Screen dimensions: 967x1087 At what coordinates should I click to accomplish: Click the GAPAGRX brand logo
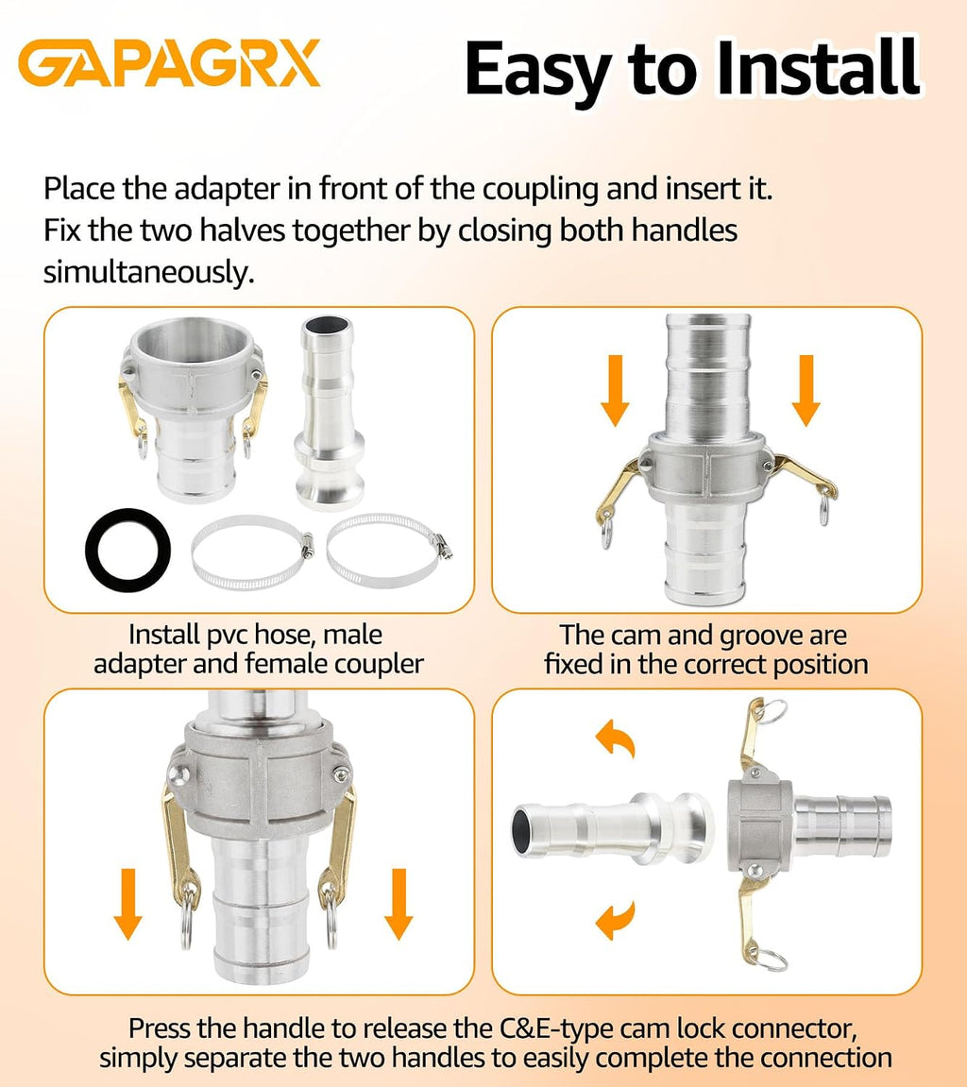click(169, 63)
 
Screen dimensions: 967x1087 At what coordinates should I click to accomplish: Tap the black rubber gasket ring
click(128, 551)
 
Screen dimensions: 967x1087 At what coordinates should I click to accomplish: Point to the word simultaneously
click(149, 272)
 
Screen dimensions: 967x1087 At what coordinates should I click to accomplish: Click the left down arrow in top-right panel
click(615, 390)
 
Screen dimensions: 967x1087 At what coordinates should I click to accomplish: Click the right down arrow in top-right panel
click(806, 390)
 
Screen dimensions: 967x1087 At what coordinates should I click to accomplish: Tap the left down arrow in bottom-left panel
click(128, 904)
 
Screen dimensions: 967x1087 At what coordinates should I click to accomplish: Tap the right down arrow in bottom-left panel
click(399, 904)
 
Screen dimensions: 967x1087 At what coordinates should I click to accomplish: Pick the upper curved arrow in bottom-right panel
click(617, 739)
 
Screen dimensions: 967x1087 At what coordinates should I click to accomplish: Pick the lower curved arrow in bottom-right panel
click(617, 920)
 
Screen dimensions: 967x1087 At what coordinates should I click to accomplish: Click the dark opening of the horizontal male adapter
click(521, 829)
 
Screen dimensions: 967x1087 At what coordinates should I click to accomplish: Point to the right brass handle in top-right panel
click(806, 476)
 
